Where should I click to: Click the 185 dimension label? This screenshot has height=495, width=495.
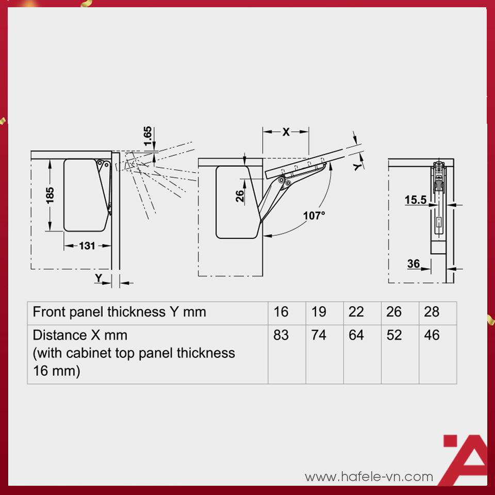50,195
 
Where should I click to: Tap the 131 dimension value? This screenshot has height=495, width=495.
87,245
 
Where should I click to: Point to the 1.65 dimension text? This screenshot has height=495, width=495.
148,136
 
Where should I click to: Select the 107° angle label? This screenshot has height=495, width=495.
314,216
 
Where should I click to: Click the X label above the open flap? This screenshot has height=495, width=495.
286,131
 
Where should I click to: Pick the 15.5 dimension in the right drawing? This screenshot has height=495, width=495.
416,200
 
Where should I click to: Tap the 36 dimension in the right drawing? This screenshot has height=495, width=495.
414,263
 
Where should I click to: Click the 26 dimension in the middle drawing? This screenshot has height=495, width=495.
240,196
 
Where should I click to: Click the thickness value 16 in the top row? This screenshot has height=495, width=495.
281,312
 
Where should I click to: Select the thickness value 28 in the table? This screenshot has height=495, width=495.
432,312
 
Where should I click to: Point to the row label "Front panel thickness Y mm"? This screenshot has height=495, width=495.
119,312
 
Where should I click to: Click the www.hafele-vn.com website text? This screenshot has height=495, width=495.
369,476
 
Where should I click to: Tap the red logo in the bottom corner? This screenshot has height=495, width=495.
464,459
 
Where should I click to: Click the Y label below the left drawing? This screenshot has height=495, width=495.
98,278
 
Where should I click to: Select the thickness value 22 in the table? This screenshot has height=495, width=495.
356,312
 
